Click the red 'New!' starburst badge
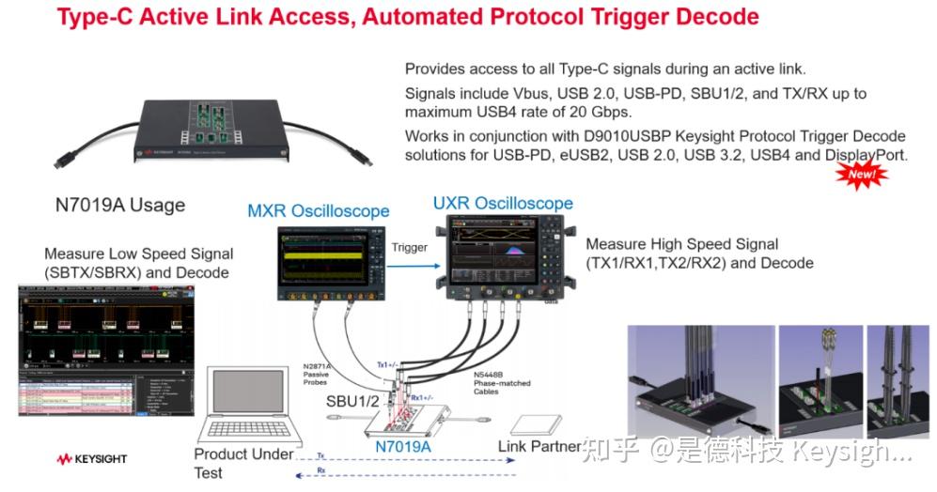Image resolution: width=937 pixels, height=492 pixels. tap(862, 174)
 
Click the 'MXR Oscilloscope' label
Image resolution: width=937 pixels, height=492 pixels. tap(318, 210)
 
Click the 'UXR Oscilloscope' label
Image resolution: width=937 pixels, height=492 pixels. tap(503, 203)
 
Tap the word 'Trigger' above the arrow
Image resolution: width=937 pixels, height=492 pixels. tap(409, 248)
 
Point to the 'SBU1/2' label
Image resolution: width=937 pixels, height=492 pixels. tap(352, 402)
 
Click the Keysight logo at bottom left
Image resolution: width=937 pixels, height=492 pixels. tap(91, 459)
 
